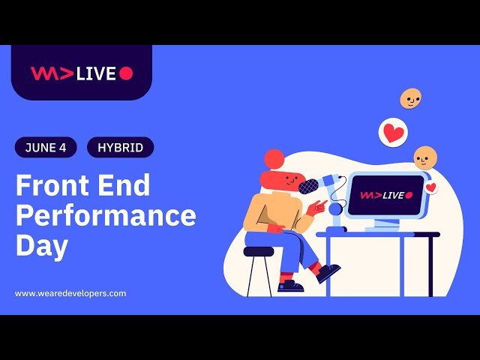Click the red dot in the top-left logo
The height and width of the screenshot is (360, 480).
126,73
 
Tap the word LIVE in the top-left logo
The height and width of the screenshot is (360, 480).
96,73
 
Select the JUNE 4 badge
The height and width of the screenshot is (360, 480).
46,148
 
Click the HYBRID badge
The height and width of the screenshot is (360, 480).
120,148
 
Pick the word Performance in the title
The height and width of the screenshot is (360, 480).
106,216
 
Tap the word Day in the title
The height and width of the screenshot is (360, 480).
42,246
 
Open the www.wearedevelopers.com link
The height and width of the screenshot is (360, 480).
70,293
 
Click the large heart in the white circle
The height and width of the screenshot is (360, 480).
393,133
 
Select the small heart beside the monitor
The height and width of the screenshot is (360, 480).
430,187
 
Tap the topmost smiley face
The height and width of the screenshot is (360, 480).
410,98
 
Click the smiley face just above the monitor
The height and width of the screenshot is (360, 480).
424,157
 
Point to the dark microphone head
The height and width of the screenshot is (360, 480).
307,186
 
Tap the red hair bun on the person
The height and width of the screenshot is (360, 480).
274,158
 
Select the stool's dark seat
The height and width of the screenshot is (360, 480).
259,252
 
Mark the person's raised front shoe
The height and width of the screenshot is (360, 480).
328,272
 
